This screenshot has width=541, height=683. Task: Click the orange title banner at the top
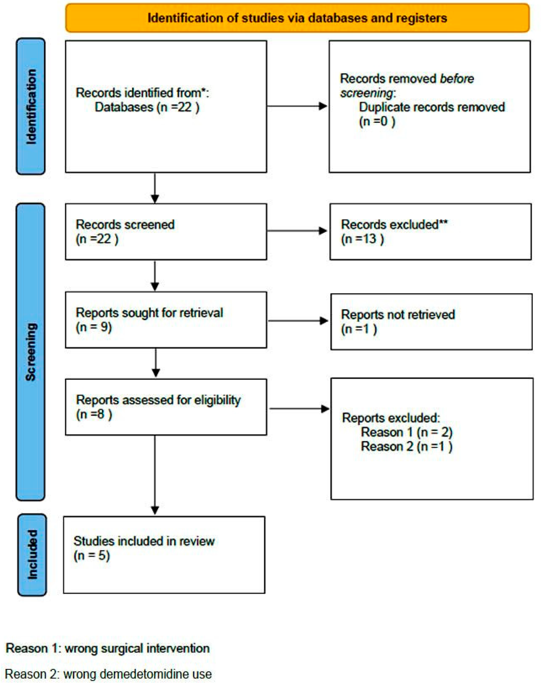(297, 18)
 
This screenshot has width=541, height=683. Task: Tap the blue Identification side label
(31, 107)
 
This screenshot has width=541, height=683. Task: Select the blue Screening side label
(31, 351)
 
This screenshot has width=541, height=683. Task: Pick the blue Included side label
(32, 555)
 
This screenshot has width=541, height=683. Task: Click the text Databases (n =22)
(147, 107)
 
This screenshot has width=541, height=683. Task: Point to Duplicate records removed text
(431, 107)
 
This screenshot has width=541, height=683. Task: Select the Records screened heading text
(125, 225)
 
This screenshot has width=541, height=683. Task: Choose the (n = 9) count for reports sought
(94, 327)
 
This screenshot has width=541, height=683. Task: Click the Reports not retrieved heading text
(398, 315)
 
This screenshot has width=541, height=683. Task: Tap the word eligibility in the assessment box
(217, 400)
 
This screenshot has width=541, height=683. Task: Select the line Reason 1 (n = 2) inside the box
(406, 432)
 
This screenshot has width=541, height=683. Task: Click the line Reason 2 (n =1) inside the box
(406, 446)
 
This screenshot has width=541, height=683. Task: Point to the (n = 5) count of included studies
(92, 555)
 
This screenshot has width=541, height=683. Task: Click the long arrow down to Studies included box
(155, 475)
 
